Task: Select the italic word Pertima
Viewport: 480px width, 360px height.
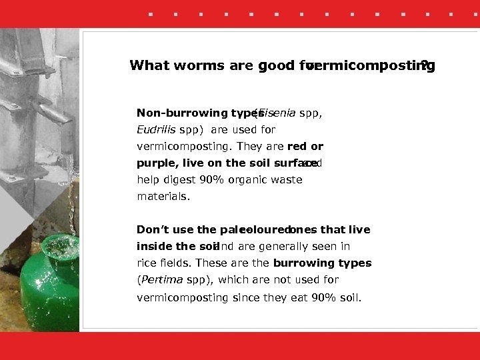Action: tap(161, 280)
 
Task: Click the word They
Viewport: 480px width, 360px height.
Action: tap(250, 146)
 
